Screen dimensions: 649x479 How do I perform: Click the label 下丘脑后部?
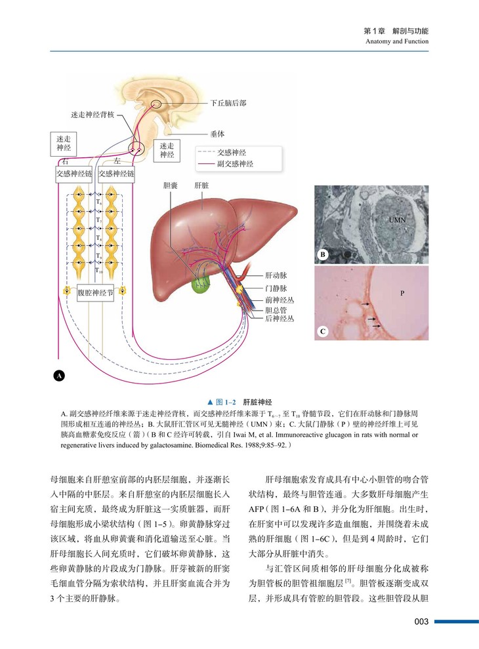(229, 104)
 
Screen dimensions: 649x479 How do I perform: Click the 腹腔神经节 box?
(96, 292)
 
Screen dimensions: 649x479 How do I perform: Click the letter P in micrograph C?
(402, 293)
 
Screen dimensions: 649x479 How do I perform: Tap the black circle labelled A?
(59, 376)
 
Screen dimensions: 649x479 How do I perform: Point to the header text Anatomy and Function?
(398, 42)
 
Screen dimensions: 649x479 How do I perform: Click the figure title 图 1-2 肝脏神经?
(239, 401)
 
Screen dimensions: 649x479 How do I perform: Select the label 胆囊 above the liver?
(170, 186)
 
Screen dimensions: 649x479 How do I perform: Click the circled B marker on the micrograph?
(323, 254)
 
